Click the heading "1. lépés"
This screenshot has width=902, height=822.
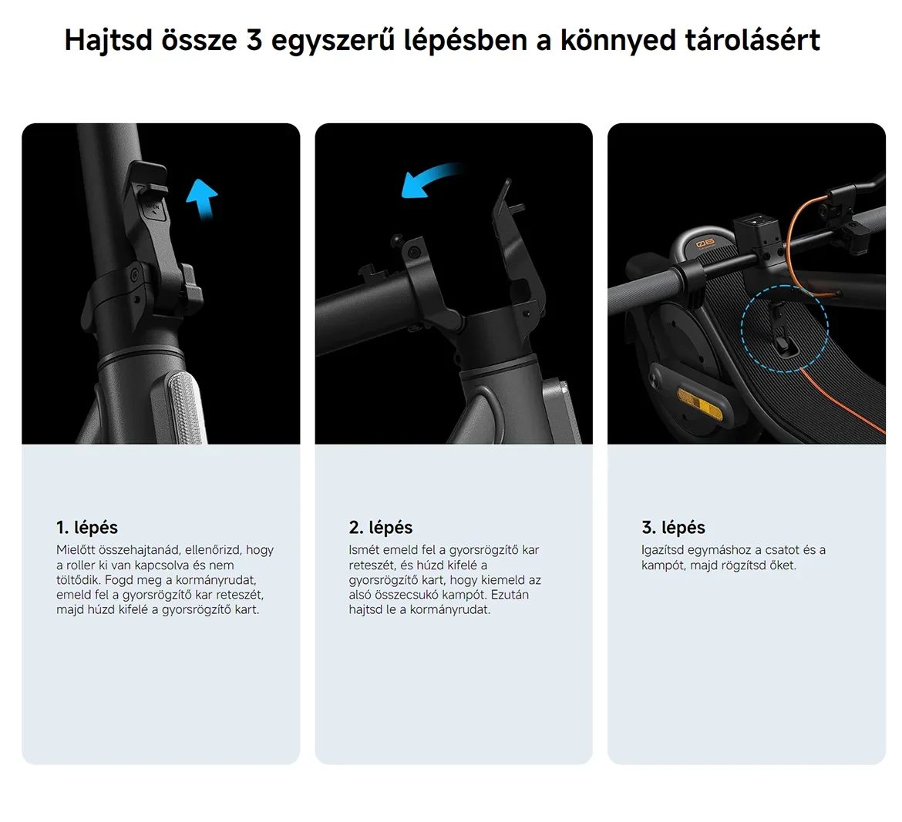point(87,527)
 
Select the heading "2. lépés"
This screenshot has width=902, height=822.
point(380,527)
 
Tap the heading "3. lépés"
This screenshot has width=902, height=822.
point(673,527)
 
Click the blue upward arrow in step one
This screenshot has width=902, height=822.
point(202,198)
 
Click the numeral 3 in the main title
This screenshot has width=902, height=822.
point(254,40)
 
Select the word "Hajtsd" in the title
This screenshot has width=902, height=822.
point(108,40)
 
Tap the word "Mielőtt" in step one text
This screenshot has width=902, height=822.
point(76,549)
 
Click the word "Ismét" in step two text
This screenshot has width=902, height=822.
point(364,549)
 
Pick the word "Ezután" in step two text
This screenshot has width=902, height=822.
point(509,595)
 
